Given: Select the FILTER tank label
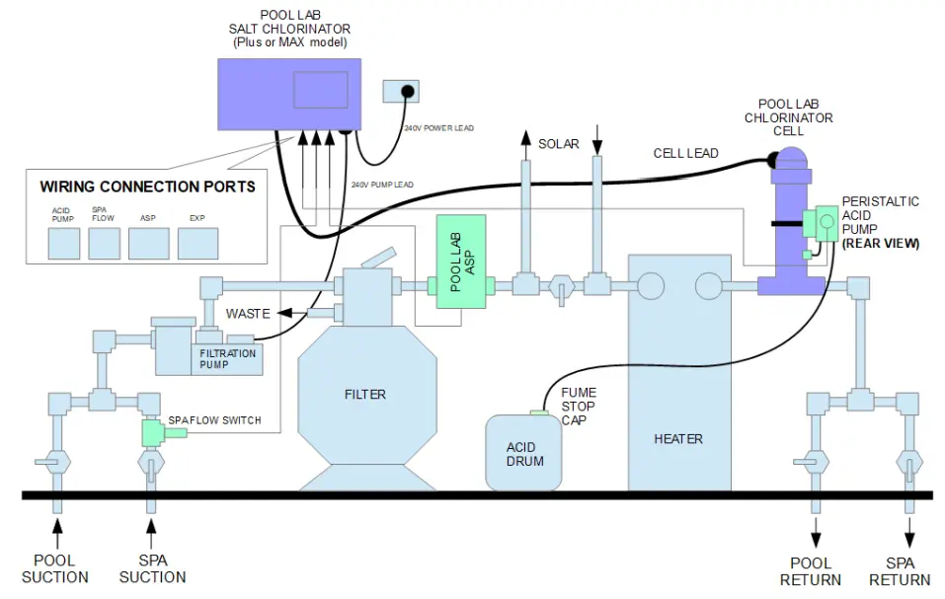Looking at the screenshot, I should point(364,395).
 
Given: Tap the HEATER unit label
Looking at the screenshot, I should point(678,438).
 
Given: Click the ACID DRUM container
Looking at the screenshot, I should point(524,453).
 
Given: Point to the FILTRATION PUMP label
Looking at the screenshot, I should point(228,359).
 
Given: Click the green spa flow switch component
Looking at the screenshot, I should point(152,431).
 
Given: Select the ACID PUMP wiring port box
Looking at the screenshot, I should point(63,243).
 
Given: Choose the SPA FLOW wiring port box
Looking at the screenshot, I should point(104,243).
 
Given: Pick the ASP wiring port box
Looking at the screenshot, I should point(148,243).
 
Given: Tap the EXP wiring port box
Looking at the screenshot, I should point(197,243).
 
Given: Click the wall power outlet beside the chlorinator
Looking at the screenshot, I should point(401,92).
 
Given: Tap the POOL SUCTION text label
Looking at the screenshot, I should point(55,569).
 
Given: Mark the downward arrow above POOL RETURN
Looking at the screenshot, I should point(815,538).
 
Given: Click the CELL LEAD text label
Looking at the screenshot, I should point(685,153).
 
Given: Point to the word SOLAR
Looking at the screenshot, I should point(558,144).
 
